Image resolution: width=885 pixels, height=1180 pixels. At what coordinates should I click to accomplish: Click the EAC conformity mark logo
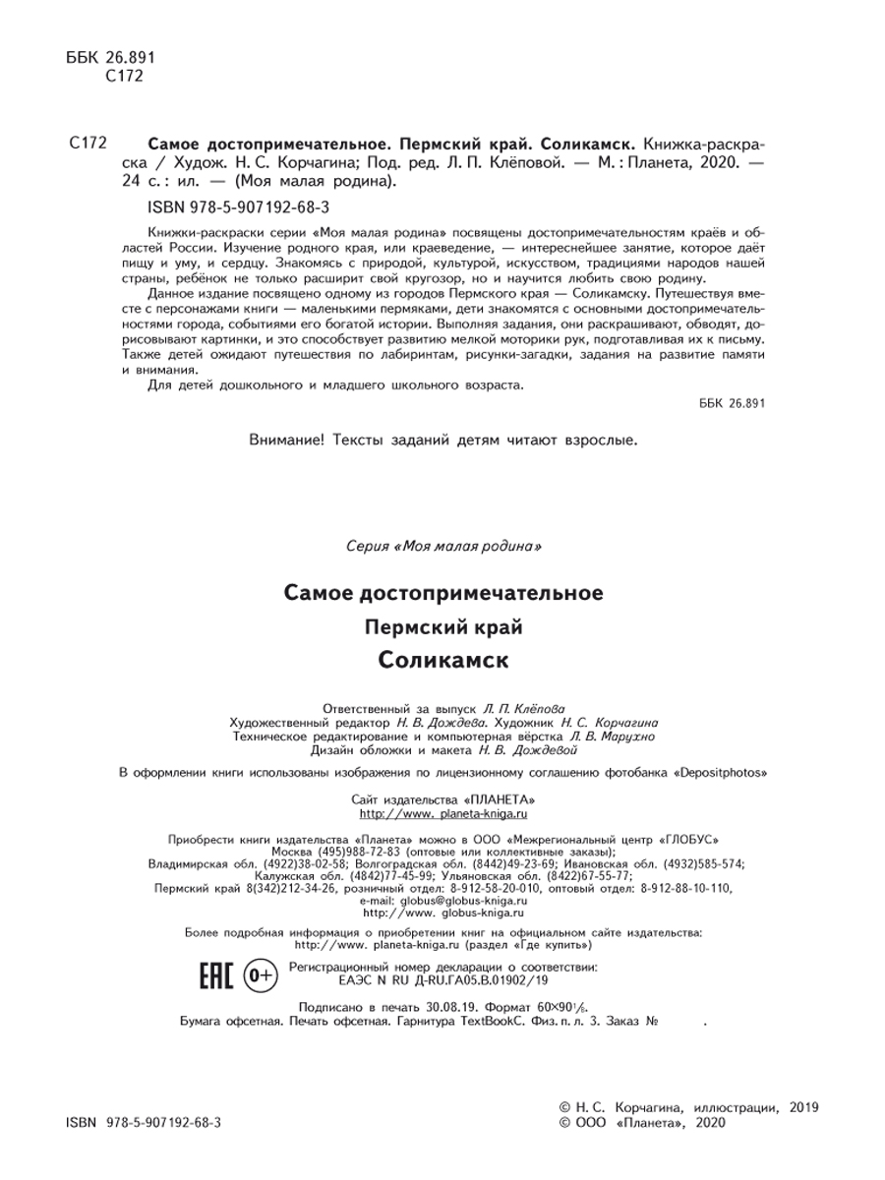click(215, 976)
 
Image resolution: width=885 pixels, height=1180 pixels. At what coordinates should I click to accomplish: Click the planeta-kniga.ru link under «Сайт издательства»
click(444, 814)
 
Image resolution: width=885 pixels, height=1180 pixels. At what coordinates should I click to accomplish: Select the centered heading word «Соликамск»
click(443, 660)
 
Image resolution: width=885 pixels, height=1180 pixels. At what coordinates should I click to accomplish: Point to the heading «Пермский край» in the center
click(443, 626)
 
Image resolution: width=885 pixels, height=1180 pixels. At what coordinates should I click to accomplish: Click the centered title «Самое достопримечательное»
click(443, 593)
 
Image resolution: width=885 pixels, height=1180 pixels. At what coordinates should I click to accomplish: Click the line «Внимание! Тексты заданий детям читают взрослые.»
click(443, 441)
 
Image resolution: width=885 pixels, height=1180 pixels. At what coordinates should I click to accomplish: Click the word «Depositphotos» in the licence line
click(721, 773)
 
